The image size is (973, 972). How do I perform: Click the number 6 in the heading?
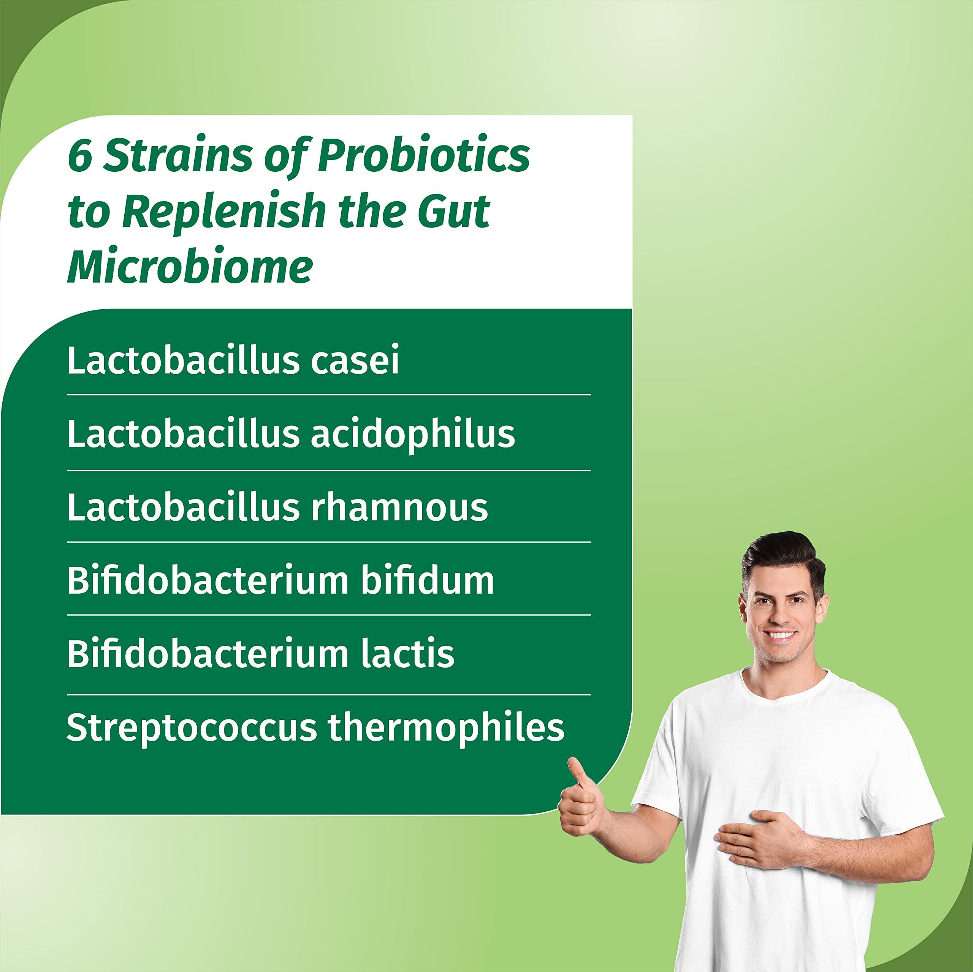pyautogui.click(x=79, y=156)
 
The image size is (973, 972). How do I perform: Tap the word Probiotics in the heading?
pyautogui.click(x=423, y=156)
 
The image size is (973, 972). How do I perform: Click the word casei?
pyautogui.click(x=355, y=360)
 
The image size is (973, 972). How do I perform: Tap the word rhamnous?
pyautogui.click(x=399, y=507)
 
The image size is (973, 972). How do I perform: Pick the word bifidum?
pyautogui.click(x=427, y=581)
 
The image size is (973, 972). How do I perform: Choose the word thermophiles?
pyautogui.click(x=446, y=728)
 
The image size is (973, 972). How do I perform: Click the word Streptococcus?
pyautogui.click(x=192, y=728)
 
